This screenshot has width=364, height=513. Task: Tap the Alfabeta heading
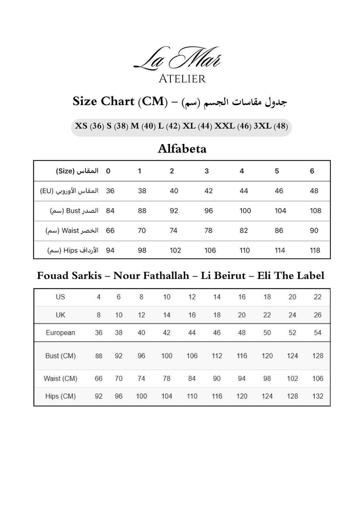(x=182, y=149)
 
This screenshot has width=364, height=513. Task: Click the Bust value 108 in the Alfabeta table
(x=316, y=211)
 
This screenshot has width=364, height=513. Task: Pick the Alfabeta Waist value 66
(x=110, y=231)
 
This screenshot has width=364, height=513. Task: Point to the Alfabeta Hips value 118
(x=315, y=250)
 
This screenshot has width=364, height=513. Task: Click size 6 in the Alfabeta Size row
(x=312, y=171)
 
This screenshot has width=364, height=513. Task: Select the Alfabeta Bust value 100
(x=245, y=211)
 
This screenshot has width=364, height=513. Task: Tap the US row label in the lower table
(x=60, y=297)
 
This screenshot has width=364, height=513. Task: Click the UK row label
(x=60, y=315)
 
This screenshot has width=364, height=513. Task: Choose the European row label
(x=60, y=333)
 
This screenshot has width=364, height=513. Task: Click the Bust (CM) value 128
(x=317, y=356)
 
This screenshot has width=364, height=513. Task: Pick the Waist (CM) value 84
(x=192, y=378)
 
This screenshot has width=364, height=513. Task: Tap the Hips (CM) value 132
(x=317, y=396)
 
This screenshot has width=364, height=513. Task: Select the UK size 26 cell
(x=317, y=315)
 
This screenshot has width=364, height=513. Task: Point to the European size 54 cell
(x=317, y=333)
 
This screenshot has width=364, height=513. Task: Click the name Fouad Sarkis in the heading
(x=69, y=276)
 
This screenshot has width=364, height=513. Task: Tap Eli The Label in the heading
(x=291, y=276)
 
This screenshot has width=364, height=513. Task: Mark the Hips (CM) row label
(x=60, y=396)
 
